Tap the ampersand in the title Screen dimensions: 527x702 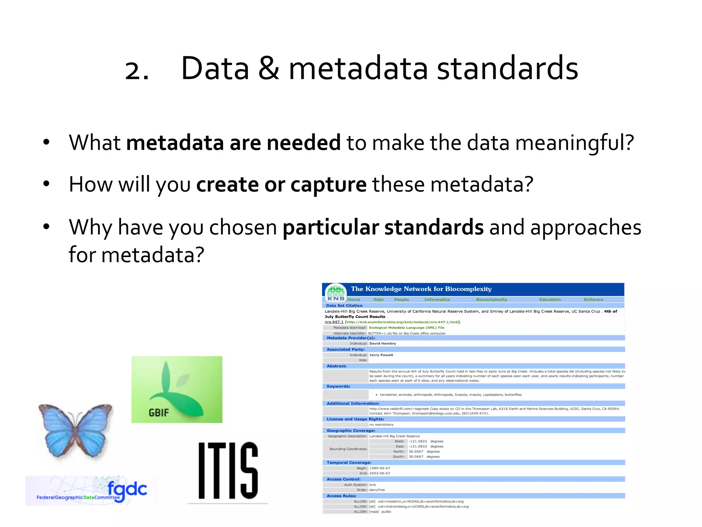(269, 69)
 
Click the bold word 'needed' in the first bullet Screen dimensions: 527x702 (303, 143)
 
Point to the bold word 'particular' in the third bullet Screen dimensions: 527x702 (330, 227)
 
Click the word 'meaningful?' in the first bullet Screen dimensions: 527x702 (574, 143)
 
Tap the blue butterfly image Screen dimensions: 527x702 (76, 430)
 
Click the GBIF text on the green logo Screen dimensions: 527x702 (159, 412)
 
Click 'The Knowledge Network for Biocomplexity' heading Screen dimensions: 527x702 (421, 289)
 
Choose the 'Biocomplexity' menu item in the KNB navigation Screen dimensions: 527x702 (491, 300)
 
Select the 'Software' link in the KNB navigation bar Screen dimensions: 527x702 (593, 300)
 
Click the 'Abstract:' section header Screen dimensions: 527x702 (336, 366)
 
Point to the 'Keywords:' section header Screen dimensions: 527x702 (338, 386)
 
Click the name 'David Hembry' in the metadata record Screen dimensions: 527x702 (383, 343)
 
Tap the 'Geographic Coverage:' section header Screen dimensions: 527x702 (351, 431)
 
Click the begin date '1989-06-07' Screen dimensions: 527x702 (379, 468)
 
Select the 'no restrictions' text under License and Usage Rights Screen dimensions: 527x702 (381, 425)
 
